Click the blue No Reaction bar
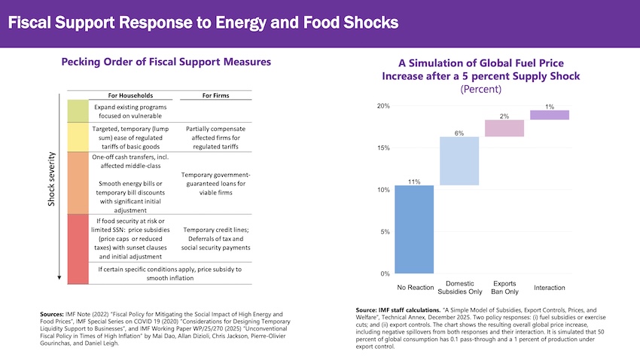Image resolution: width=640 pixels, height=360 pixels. pos(413,230)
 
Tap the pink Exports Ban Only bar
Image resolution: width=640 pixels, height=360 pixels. pos(504,128)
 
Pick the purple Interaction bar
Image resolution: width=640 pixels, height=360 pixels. pos(550,115)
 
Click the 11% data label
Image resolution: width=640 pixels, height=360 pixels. pos(413,182)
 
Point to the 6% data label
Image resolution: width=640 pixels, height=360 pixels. pos(459,133)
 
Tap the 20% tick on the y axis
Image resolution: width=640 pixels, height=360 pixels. pos(383,106)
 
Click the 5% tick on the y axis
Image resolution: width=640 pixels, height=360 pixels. pos(385,232)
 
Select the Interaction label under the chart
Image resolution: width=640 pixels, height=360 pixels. pos(550,288)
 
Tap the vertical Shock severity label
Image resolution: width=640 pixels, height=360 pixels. pos(52,178)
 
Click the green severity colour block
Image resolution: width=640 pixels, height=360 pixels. pos(78,111)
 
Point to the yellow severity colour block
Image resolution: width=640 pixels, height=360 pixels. pos(78,138)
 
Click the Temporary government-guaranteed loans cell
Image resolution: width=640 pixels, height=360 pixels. pos(216,182)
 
